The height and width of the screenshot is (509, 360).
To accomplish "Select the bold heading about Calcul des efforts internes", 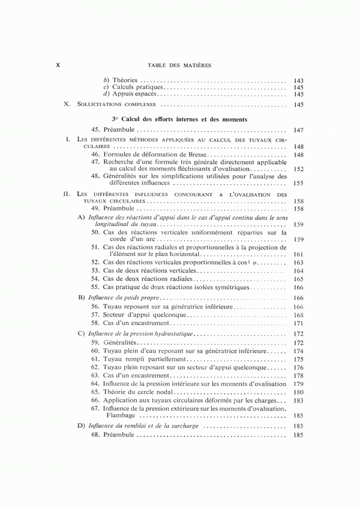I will (179, 119).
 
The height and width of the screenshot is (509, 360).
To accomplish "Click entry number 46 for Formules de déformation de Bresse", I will (95, 155).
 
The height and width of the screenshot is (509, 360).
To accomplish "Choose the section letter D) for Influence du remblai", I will (82, 426).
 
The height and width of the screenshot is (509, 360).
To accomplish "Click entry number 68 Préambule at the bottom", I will (95, 435).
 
